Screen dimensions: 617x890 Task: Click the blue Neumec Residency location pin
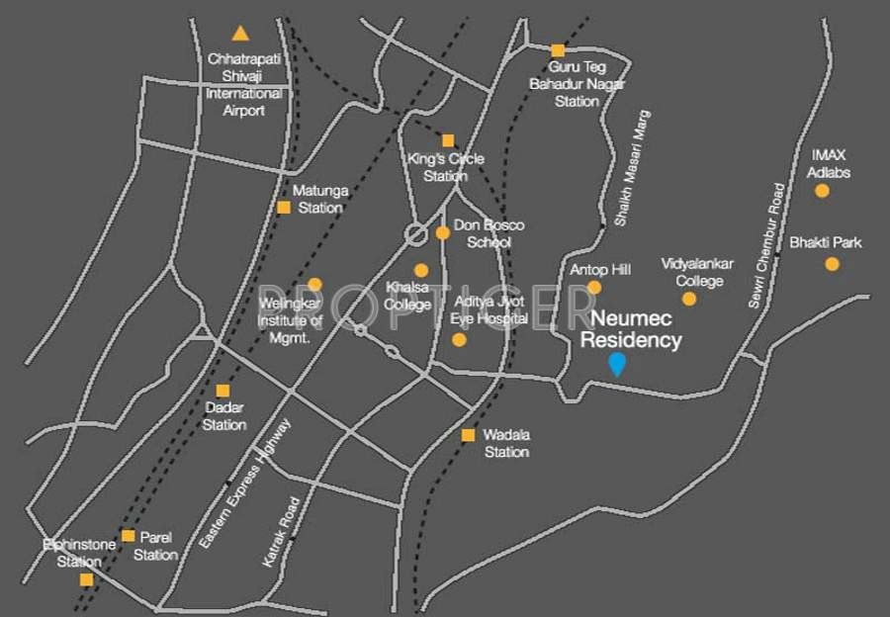[x=617, y=364]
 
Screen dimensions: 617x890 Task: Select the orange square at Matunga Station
[x=284, y=208]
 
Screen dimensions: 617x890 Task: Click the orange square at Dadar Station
[x=223, y=391]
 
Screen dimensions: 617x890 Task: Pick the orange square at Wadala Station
[x=468, y=435]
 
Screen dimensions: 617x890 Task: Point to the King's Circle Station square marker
[x=448, y=140]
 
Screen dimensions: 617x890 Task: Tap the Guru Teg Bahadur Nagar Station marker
[x=558, y=50]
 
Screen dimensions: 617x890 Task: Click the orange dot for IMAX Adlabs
[x=822, y=191]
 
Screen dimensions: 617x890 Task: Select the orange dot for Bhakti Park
[x=832, y=264]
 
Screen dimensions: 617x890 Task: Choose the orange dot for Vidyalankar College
[x=689, y=299]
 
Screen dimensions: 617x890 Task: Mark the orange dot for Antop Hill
[x=594, y=288]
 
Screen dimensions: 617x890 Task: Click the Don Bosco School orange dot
[x=442, y=233]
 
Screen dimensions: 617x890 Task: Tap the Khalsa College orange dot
[x=421, y=270]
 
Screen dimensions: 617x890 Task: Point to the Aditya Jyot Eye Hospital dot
[x=459, y=339]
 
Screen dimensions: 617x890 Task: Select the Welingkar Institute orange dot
[x=314, y=285]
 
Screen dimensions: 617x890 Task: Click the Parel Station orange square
[x=129, y=536]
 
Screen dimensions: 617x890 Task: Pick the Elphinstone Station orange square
[x=86, y=579]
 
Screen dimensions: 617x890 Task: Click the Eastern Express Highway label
[x=244, y=484]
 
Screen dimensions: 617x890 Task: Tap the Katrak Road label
[x=281, y=531]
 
